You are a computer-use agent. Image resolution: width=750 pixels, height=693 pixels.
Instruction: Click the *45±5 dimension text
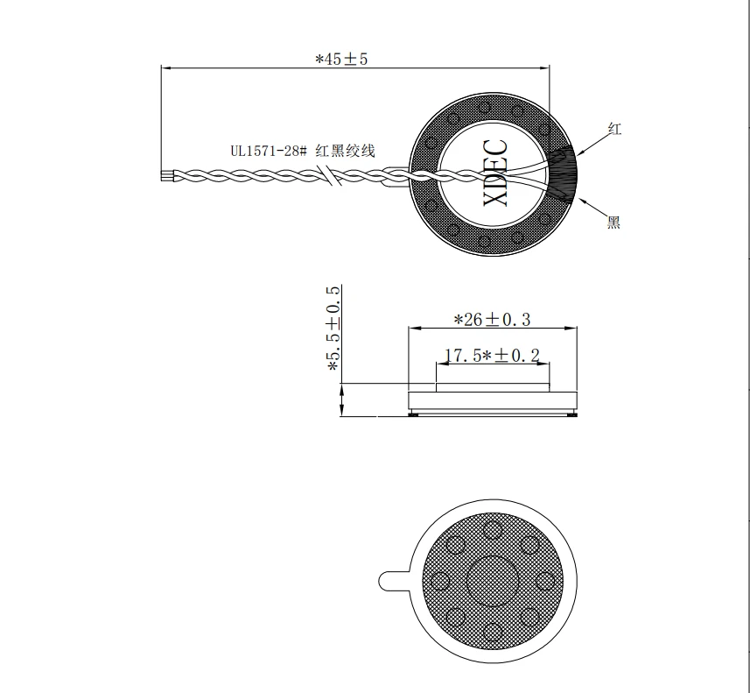click(x=341, y=59)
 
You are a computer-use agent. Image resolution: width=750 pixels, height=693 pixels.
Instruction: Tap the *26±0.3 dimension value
click(x=492, y=320)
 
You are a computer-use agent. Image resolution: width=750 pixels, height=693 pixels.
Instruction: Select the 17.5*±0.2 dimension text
click(x=492, y=356)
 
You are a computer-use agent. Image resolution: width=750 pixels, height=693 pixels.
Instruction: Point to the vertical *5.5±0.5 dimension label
click(x=333, y=329)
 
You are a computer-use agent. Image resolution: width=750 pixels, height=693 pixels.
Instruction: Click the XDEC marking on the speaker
click(x=495, y=173)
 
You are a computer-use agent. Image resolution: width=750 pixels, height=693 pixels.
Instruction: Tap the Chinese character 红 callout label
click(x=614, y=129)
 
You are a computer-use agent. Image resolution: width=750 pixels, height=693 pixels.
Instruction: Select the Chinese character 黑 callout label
click(x=613, y=223)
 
